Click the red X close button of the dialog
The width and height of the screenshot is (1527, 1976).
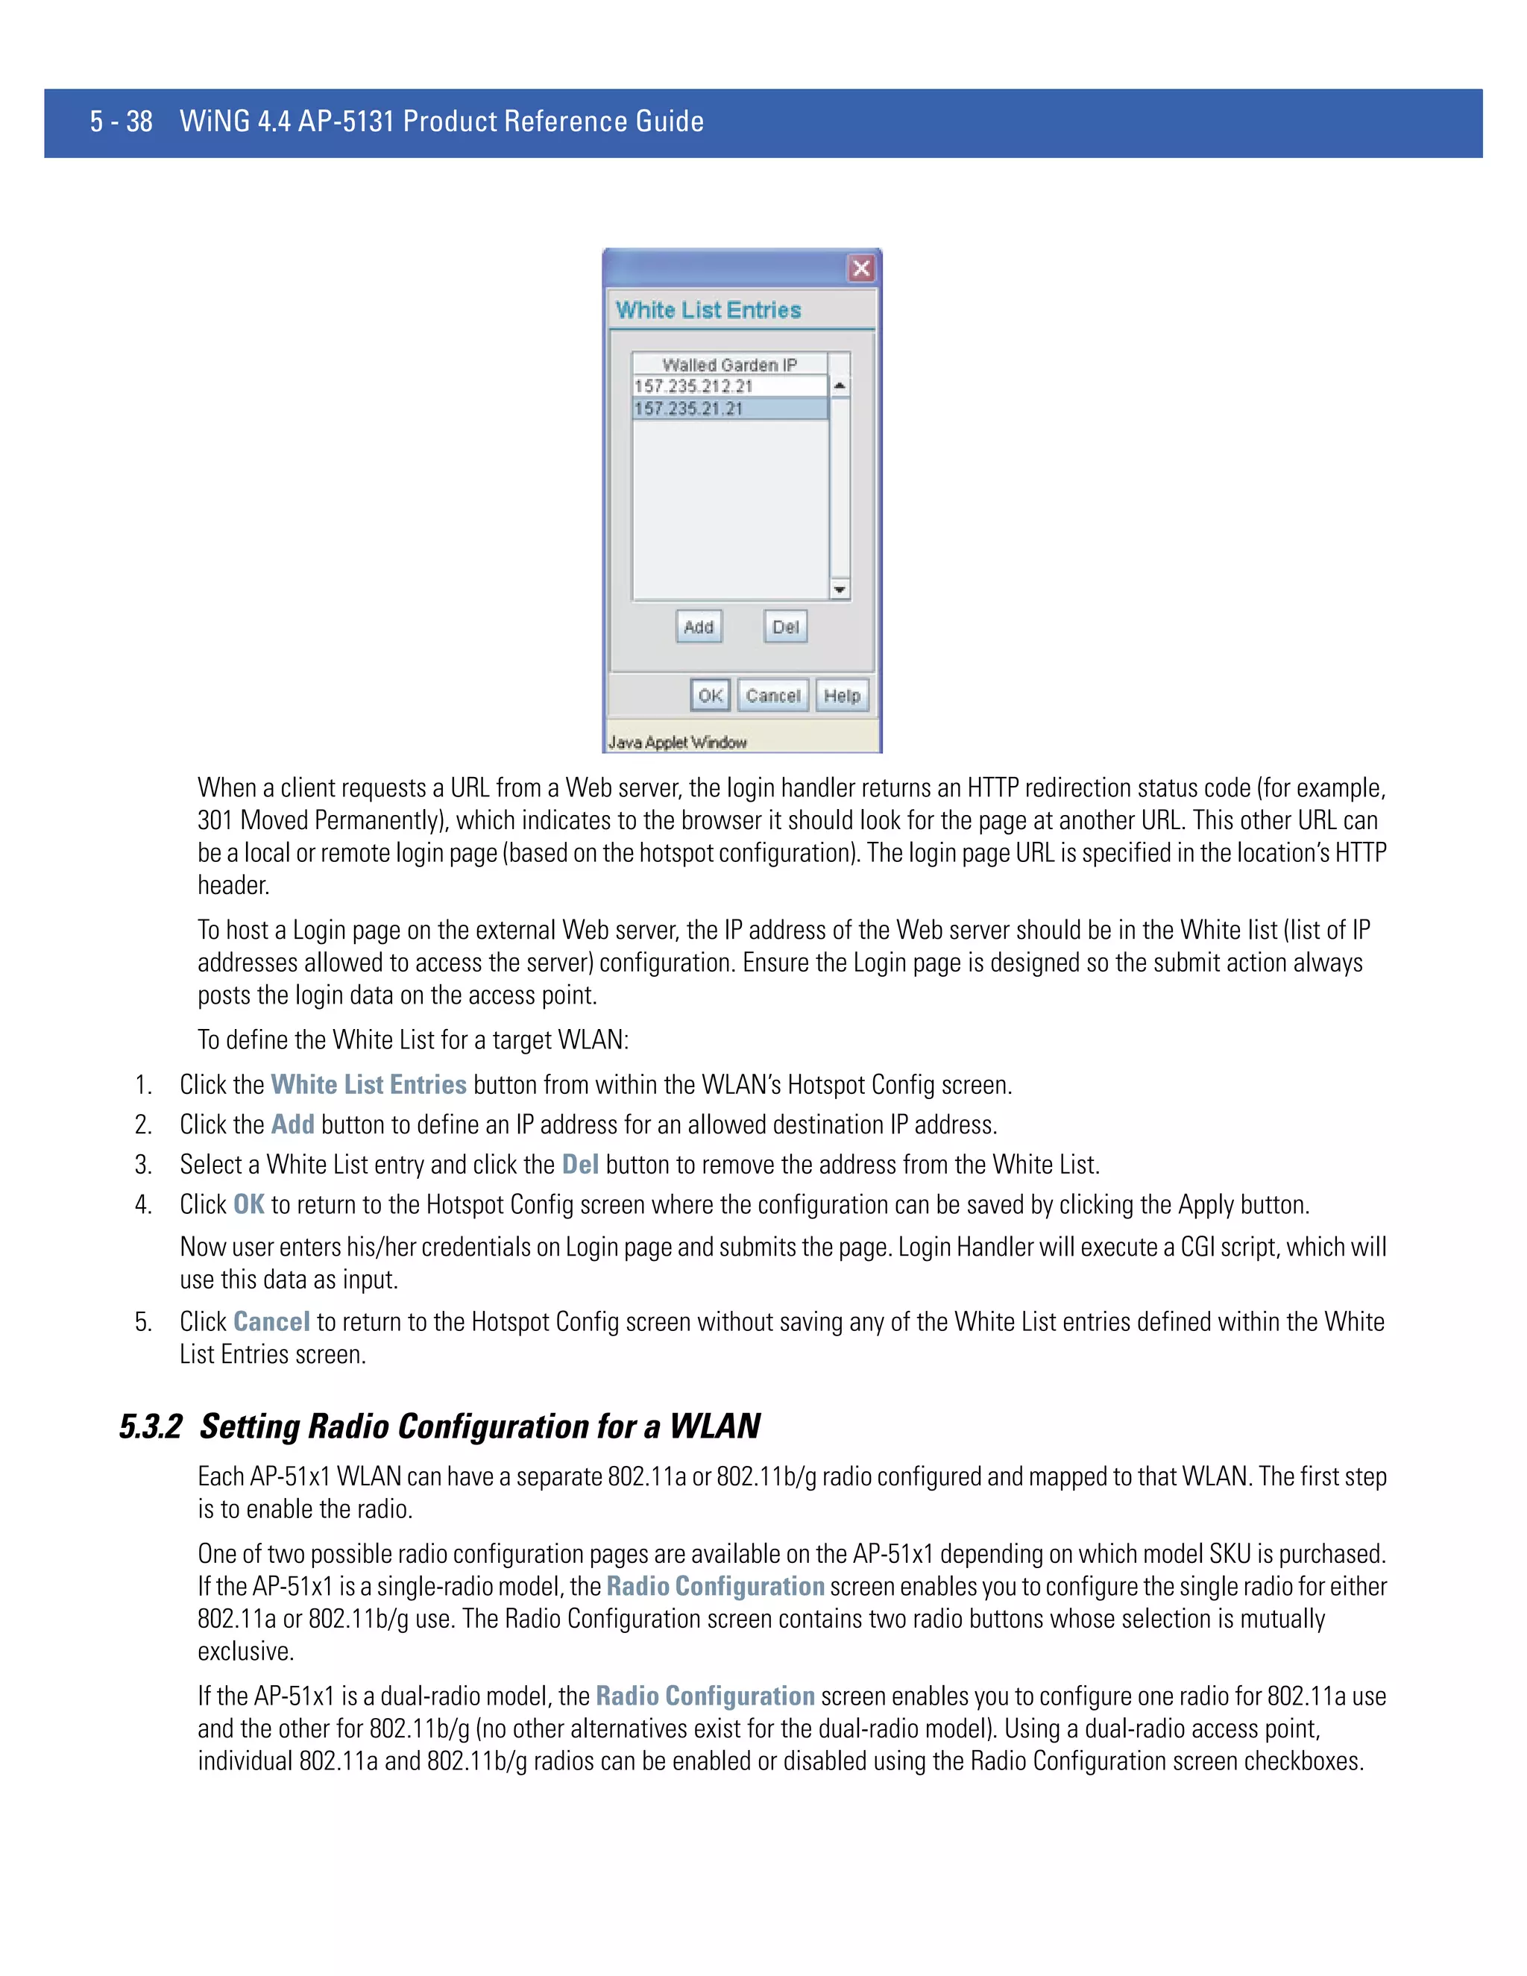click(860, 268)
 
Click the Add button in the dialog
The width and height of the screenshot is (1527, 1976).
click(699, 626)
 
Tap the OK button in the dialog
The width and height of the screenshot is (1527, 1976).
click(710, 695)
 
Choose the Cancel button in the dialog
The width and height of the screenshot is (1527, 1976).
click(772, 695)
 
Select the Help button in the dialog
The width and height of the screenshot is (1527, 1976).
click(841, 695)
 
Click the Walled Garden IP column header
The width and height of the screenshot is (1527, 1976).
click(729, 364)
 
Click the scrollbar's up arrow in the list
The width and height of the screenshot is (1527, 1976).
click(840, 386)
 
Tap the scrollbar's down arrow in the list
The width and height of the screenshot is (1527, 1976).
click(840, 590)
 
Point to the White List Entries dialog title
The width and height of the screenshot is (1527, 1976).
click(708, 309)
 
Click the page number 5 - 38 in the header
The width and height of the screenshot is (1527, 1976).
click(122, 122)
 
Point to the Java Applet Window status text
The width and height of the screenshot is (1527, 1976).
click(678, 742)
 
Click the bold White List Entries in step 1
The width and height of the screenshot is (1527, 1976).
click(368, 1084)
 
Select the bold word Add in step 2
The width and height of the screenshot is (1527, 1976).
click(292, 1124)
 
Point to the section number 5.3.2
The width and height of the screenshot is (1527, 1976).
click(150, 1426)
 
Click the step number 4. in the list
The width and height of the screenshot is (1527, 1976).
click(143, 1204)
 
